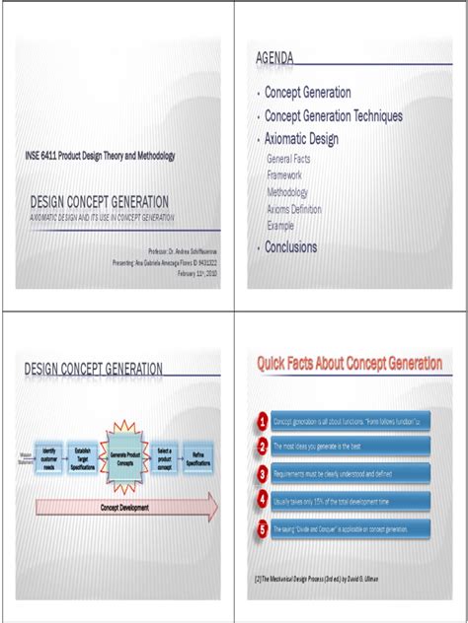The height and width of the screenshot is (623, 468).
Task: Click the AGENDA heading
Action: tap(274, 59)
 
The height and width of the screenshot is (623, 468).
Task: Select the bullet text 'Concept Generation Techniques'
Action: tap(334, 115)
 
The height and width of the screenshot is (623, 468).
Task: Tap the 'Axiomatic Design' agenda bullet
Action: tap(301, 139)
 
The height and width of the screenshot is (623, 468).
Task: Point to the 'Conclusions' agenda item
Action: tap(291, 247)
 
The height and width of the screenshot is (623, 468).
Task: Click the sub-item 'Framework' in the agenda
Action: tap(284, 174)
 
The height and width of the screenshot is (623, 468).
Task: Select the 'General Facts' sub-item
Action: tap(292, 158)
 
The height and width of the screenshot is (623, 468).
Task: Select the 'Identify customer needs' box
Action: tap(49, 458)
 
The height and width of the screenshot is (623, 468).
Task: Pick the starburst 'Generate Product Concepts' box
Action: tap(125, 458)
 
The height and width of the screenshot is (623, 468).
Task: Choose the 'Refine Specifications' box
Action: tap(198, 458)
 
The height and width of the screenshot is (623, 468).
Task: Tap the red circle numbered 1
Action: tap(262, 422)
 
